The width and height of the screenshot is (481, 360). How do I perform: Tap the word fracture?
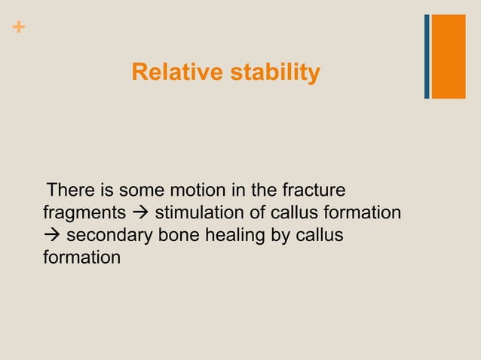(x=313, y=188)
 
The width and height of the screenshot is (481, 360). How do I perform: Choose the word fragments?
(x=84, y=213)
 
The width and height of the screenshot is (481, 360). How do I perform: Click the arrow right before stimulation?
(x=140, y=213)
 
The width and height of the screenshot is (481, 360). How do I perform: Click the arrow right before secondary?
(x=52, y=236)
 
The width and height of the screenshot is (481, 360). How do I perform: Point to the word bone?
(x=173, y=236)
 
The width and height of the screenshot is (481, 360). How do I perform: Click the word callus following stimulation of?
(x=289, y=213)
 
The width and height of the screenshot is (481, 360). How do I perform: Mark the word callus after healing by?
(x=318, y=236)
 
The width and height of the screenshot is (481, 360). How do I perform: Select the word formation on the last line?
(x=81, y=258)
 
